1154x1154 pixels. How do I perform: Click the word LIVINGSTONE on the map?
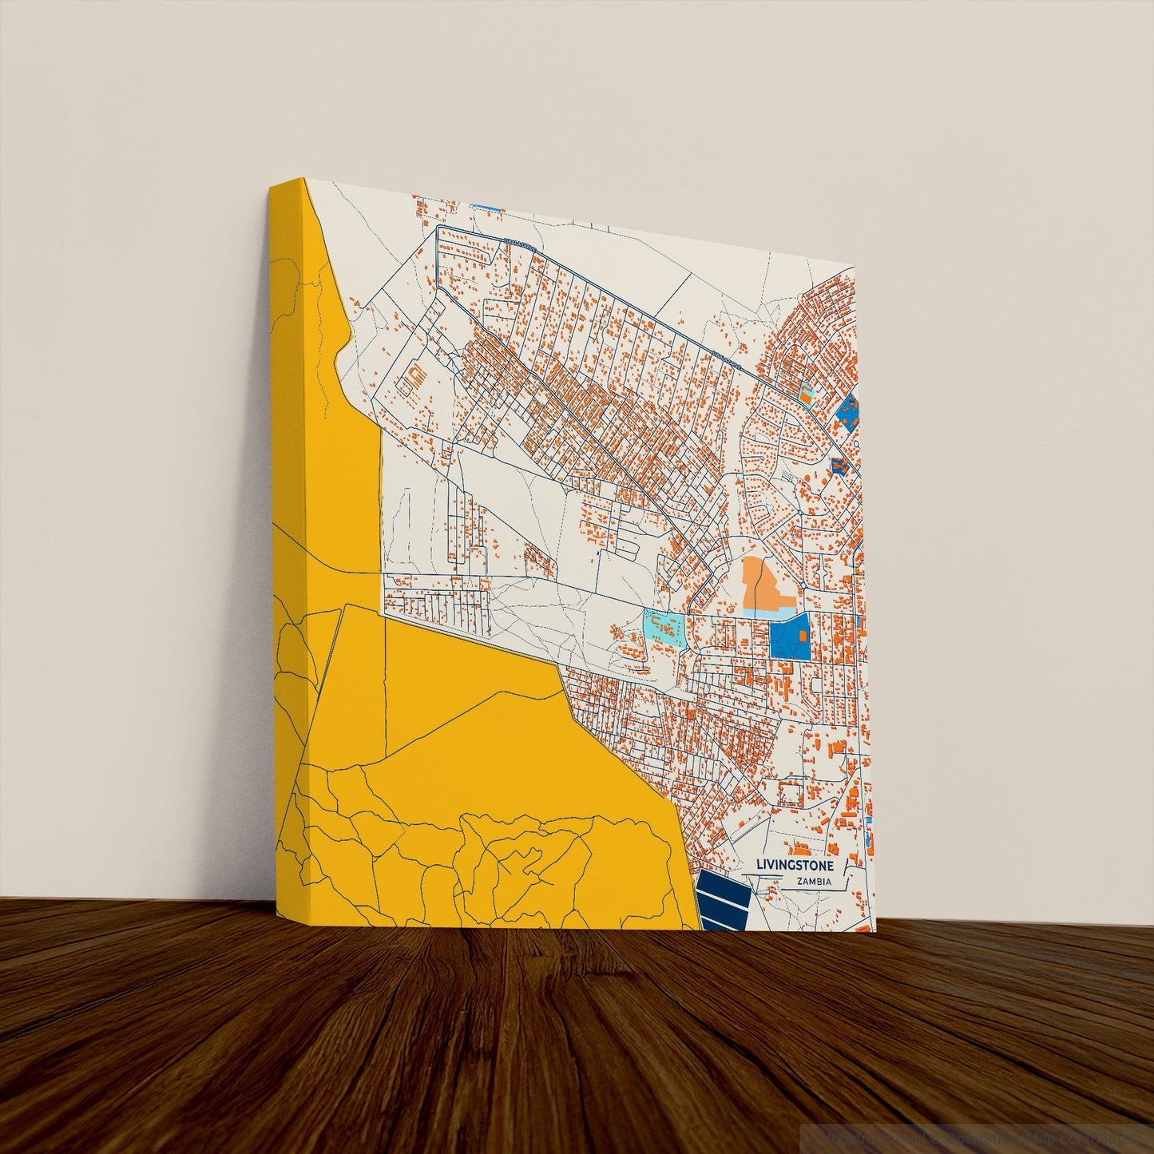point(795,866)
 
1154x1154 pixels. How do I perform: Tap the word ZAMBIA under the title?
point(814,882)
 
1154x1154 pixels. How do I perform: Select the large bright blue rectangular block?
point(790,636)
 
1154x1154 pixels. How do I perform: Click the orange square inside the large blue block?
point(803,636)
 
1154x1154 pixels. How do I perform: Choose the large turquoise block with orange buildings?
point(664,629)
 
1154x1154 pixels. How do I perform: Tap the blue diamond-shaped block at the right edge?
point(848,410)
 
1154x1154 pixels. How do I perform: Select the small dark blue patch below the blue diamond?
point(838,466)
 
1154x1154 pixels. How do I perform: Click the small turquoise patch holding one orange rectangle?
point(807,393)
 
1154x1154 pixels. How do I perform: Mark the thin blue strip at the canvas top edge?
point(485,208)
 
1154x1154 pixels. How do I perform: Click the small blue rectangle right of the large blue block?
point(859,621)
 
